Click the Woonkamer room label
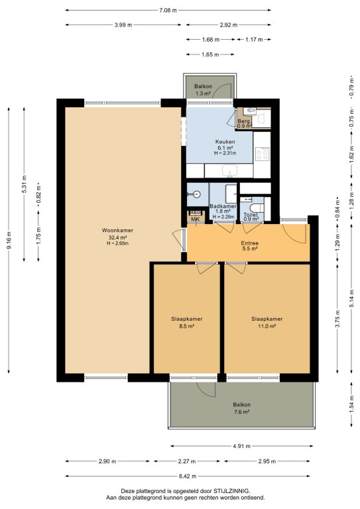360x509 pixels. (117, 231)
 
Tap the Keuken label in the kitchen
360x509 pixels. (225, 142)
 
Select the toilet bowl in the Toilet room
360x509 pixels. (257, 207)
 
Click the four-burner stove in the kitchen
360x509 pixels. (262, 154)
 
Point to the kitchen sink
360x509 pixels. (229, 170)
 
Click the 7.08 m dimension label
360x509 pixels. (168, 11)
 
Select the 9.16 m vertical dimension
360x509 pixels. (9, 241)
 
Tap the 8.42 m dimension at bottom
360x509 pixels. (188, 477)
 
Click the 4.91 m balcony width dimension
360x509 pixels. (241, 446)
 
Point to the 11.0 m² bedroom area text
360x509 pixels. (267, 327)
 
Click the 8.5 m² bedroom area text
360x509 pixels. (187, 327)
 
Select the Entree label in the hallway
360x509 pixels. (250, 243)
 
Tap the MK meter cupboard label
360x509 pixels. (196, 219)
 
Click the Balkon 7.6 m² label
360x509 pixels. (241, 408)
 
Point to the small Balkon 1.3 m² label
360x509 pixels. (204, 90)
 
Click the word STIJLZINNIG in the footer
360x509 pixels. (231, 491)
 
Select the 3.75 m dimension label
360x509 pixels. (337, 319)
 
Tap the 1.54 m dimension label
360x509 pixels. (351, 404)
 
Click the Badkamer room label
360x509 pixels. (223, 207)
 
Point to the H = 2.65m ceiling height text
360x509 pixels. (117, 243)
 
